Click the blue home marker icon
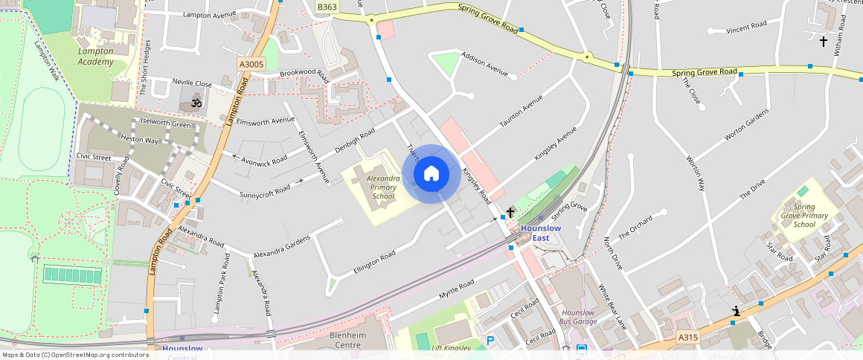[431, 174]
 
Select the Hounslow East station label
[540, 233]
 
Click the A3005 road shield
[251, 65]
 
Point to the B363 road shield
[327, 7]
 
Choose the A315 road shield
[688, 338]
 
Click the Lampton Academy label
[96, 57]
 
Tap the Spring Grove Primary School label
[804, 216]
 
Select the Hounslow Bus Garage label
[578, 318]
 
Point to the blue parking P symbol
[490, 341]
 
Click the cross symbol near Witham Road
[824, 42]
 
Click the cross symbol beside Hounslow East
[510, 213]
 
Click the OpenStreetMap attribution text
[75, 355]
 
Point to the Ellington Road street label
[374, 265]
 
